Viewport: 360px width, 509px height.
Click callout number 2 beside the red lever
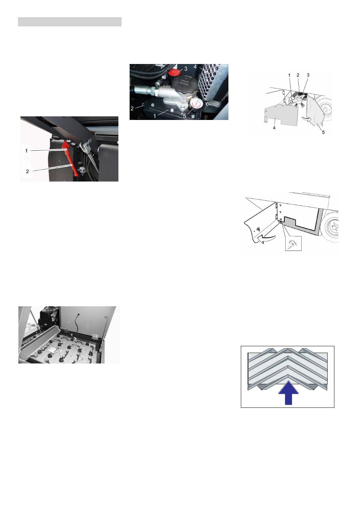point(27,172)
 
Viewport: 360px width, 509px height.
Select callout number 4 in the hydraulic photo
point(195,67)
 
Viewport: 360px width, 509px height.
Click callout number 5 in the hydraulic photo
point(184,116)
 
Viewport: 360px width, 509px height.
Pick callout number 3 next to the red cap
point(186,69)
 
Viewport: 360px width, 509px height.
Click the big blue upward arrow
point(288,393)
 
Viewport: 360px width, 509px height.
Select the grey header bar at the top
point(70,22)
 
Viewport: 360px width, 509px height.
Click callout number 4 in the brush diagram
point(274,128)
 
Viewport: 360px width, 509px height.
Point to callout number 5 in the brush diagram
point(323,132)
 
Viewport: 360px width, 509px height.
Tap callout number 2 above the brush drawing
point(298,75)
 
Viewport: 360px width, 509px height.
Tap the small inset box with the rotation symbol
point(293,244)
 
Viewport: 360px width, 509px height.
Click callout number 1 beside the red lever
point(26,151)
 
